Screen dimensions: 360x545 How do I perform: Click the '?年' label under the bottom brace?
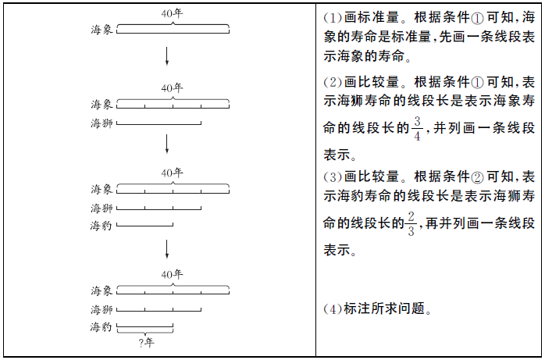[146, 342]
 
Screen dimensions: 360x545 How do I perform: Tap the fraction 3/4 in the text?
[417, 129]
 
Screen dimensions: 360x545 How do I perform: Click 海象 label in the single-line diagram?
[102, 29]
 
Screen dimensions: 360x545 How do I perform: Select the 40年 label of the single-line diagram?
[173, 13]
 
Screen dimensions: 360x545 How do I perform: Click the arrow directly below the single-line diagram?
[167, 57]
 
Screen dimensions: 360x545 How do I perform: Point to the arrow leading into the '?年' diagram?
[167, 248]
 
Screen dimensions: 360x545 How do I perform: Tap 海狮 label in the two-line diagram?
[102, 123]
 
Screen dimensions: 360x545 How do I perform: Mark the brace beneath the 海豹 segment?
[145, 333]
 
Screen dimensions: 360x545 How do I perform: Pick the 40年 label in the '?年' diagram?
[173, 274]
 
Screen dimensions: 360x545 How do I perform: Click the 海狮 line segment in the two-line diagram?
[159, 123]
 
